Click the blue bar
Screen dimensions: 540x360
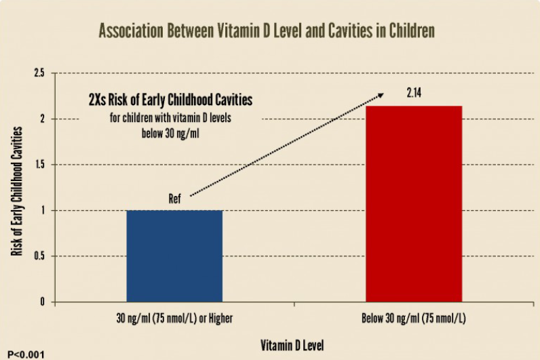[x=174, y=256]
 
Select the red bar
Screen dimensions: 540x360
[x=414, y=204]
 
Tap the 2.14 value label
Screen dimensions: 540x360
[x=414, y=93]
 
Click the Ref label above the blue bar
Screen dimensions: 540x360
[x=174, y=199]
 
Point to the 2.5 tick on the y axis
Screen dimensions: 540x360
[x=39, y=73]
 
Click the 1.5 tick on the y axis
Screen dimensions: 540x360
[x=39, y=165]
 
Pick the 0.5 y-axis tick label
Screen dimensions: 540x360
[x=39, y=256]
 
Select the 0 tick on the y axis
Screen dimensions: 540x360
[x=42, y=302]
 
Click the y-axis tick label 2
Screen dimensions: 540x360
[x=43, y=119]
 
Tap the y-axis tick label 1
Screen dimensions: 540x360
[x=43, y=210]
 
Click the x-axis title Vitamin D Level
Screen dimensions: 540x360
[x=292, y=345]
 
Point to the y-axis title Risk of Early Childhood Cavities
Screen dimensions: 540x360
[x=16, y=191]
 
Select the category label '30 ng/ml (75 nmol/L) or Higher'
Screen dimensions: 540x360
[x=174, y=319]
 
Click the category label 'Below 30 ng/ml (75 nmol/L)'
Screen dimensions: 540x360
[x=414, y=319]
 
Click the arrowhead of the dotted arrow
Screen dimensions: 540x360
[x=381, y=95]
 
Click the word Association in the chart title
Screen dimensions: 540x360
[x=131, y=31]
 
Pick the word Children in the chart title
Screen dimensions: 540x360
[x=412, y=31]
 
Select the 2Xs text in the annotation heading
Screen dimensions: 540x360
[x=97, y=100]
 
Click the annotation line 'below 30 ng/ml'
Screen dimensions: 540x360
[x=170, y=133]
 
